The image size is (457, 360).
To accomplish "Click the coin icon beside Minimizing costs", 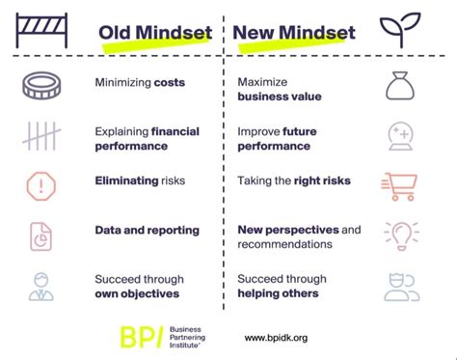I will click(41, 85).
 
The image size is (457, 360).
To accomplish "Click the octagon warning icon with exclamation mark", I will click(41, 182).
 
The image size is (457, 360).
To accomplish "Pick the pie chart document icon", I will click(41, 234).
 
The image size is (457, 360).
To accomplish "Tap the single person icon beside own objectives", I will click(41, 286).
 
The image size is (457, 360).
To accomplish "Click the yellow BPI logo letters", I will click(141, 337).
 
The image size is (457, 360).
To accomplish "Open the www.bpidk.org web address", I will click(276, 338).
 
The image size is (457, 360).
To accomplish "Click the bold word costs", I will click(169, 83).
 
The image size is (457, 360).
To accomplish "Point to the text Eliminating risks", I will click(140, 180).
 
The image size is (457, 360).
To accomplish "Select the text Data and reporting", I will click(147, 231).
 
